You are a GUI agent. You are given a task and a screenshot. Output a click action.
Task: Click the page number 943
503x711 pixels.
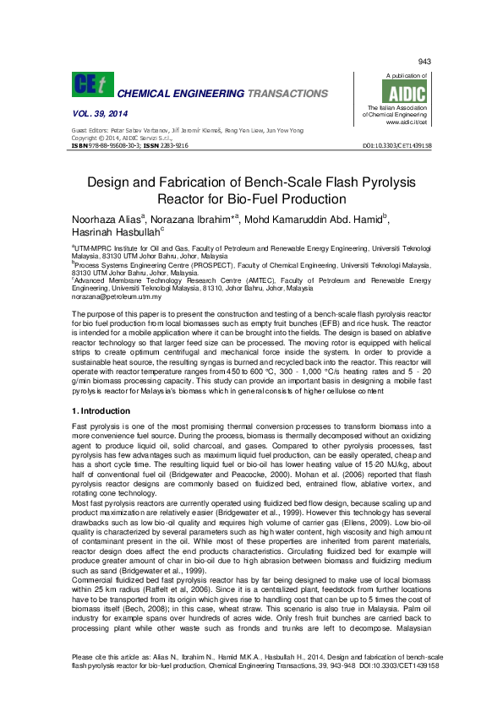[x=424, y=62]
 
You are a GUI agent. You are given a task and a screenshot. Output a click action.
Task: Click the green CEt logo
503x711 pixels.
[x=91, y=84]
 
